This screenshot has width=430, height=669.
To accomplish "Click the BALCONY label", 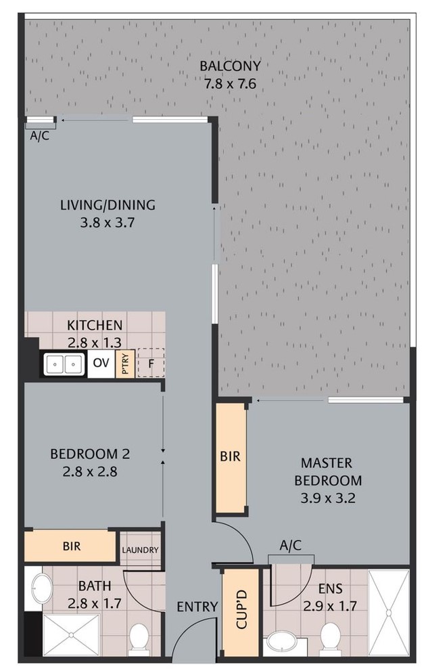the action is (230, 66).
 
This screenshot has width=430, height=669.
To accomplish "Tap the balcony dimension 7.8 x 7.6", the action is (230, 84).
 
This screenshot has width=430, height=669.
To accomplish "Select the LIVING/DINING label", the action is (107, 204).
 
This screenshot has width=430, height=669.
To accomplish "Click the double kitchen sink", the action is (64, 364).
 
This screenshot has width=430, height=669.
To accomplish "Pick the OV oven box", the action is (101, 364).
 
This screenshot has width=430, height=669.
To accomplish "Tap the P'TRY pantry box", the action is (125, 364).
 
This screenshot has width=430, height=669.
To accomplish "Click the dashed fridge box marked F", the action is (151, 363).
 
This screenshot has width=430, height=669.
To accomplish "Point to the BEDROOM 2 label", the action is (90, 454).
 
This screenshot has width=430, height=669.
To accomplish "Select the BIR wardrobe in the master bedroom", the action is (231, 457).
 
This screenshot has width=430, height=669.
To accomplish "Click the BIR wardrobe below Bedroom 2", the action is (70, 546).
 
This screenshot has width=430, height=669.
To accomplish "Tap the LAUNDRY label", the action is (140, 550).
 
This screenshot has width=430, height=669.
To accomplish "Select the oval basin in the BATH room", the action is (42, 589).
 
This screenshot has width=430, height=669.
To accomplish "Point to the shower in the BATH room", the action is (72, 635).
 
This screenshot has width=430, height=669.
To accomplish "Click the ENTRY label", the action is (197, 606).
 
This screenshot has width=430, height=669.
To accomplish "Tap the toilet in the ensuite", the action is (331, 637).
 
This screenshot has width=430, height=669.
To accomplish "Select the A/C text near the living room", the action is (39, 136).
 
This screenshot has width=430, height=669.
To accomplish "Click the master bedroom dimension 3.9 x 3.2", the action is (328, 498).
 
